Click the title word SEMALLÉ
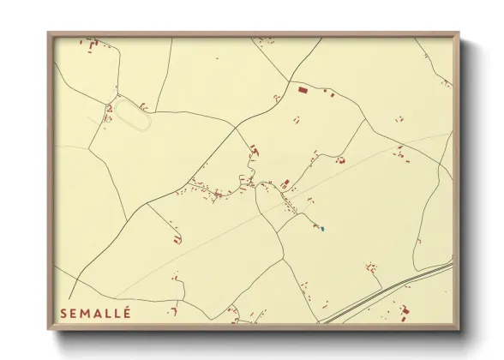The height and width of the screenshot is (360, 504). coord(95,314)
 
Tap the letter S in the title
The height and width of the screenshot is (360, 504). coord(63,315)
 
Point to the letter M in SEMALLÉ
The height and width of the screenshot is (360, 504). coord(87,315)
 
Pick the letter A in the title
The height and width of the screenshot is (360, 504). coord(98,315)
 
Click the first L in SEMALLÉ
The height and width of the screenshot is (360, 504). coord(108,315)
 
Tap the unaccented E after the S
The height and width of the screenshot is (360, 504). coord(74,315)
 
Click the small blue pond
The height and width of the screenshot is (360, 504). coord(321,228)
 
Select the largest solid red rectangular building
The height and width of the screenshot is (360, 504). coord(301,88)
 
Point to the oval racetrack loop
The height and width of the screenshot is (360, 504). coord(132,114)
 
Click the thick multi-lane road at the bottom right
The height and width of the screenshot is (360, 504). coord(386,294)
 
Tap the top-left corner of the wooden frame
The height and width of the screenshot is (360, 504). coord(49,34)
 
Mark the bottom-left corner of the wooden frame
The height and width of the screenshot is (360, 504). coord(49,329)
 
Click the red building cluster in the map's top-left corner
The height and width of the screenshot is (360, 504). coord(91,44)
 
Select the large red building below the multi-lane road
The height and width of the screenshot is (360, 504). coord(405,310)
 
